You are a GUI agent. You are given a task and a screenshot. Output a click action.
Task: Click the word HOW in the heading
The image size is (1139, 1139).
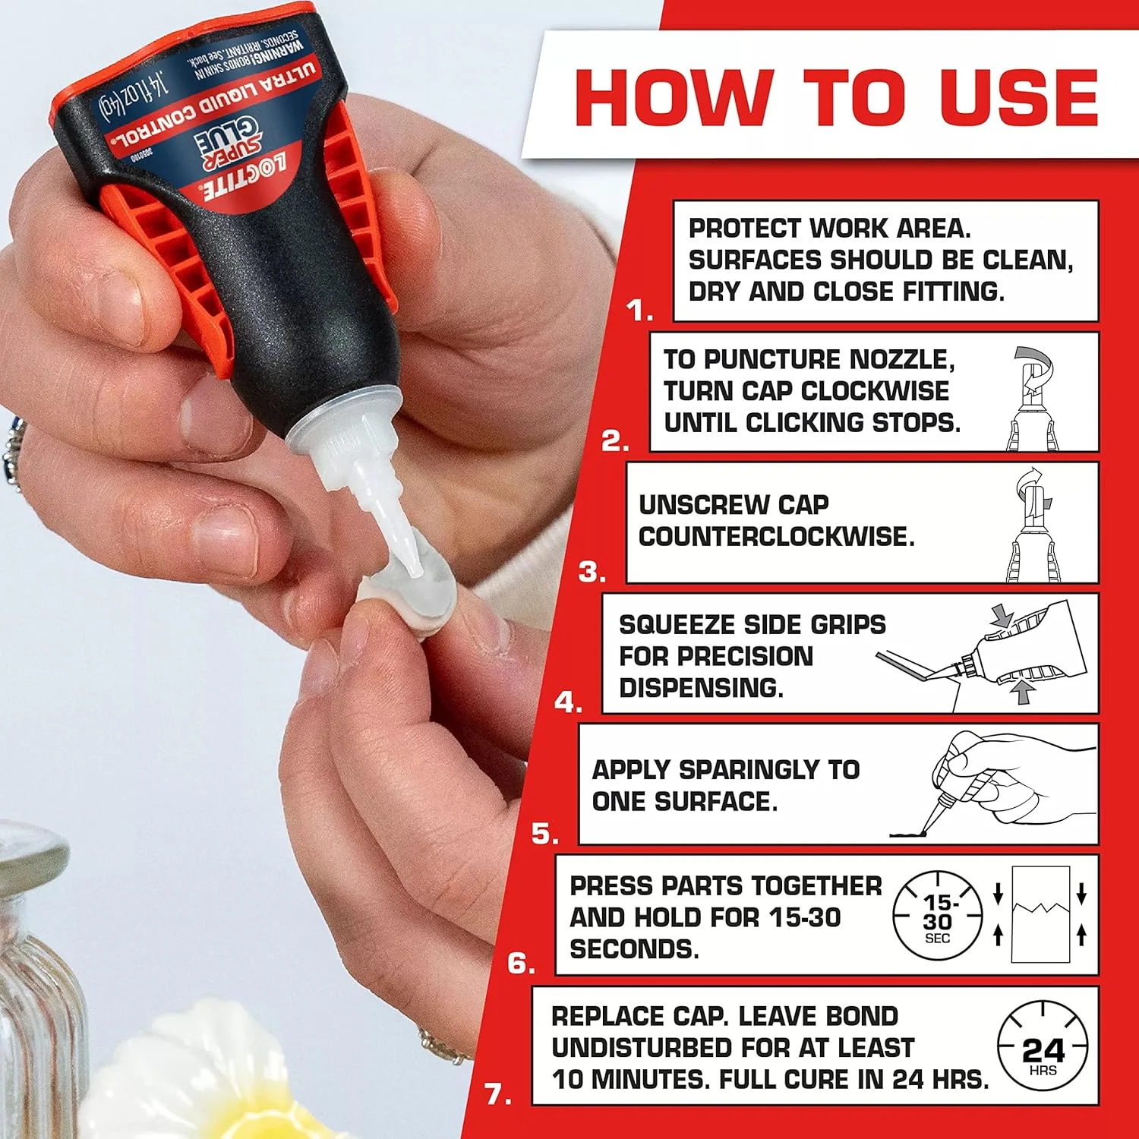click(x=673, y=98)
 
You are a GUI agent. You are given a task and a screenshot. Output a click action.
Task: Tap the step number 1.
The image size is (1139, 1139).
click(x=639, y=311)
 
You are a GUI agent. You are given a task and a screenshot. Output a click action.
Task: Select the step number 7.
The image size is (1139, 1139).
click(x=497, y=1094)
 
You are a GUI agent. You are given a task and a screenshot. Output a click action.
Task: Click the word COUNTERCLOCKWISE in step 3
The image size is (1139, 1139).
click(x=776, y=537)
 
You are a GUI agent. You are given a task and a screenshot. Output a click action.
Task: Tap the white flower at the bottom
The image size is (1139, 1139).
click(x=205, y=1078)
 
